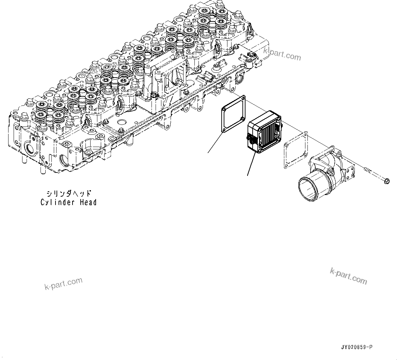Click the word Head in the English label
[88, 202]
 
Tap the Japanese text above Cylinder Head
[69, 194]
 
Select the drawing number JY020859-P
[356, 347]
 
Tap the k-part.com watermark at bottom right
[348, 276]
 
